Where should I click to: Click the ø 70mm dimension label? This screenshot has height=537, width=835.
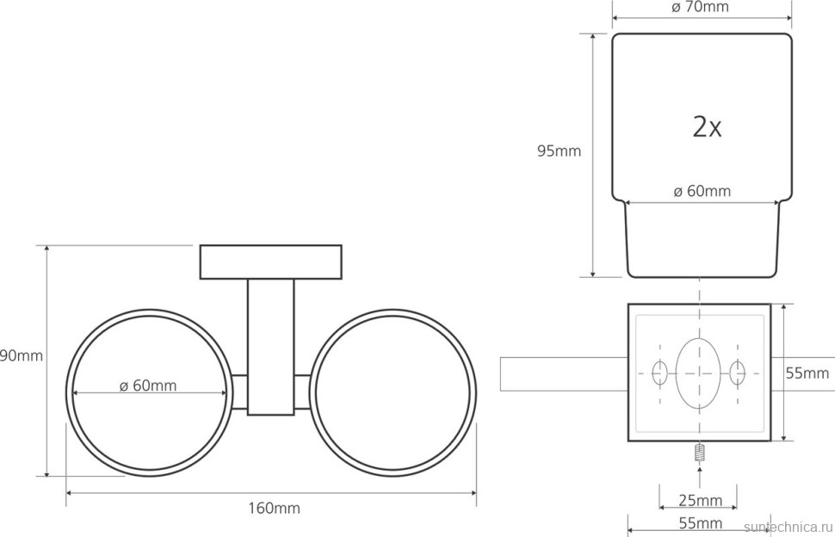click(x=700, y=8)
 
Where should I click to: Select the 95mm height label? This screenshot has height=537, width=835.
click(x=559, y=151)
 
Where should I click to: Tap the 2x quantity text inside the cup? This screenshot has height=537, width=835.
click(x=707, y=127)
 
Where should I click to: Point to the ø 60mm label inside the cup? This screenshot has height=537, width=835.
click(x=702, y=191)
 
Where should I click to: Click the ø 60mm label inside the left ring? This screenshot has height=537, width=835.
click(x=148, y=386)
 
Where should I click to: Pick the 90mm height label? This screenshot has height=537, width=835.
click(x=22, y=355)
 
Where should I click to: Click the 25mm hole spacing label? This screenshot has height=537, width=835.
click(x=698, y=501)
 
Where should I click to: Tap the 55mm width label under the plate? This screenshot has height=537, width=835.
click(x=698, y=523)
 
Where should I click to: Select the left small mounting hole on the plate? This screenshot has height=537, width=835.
click(x=660, y=373)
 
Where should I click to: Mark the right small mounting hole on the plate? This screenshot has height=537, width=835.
click(x=737, y=373)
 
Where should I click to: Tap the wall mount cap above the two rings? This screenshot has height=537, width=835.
click(x=271, y=262)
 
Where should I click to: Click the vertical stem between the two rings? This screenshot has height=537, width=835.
click(x=270, y=344)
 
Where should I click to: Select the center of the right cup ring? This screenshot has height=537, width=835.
click(x=393, y=394)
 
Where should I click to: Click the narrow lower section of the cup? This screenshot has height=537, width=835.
click(x=702, y=245)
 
